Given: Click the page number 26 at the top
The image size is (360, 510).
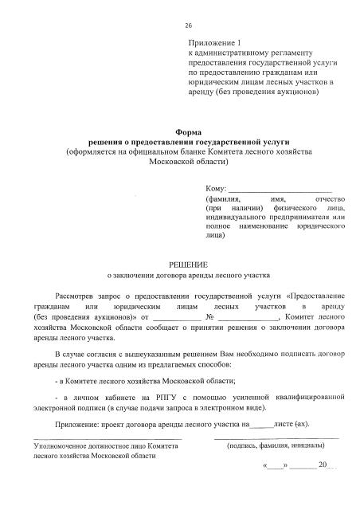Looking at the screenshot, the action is tap(188, 25).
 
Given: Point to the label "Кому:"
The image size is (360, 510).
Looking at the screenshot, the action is tap(216, 187).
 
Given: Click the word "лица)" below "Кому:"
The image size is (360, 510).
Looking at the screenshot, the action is tap(215, 236).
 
